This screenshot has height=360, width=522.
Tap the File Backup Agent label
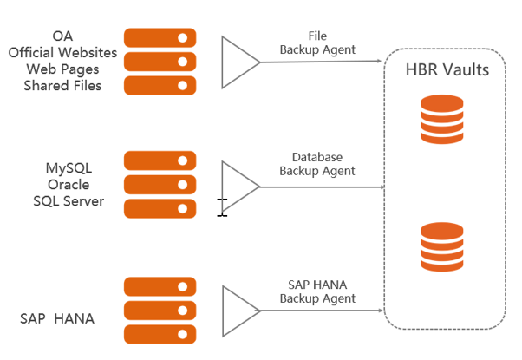coord(316,43)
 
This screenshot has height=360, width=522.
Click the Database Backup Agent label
coord(316,164)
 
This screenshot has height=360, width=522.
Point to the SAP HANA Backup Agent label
coord(316,291)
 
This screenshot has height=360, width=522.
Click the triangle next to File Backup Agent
coord(238,62)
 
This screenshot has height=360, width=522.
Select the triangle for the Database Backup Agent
coord(238,186)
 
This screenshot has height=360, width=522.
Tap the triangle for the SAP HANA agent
coord(238,311)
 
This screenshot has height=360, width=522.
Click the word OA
coord(62,36)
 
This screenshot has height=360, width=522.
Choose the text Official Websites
coord(62,53)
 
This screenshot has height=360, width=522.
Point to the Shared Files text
coord(62,86)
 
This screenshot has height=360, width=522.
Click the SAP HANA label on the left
coord(57,318)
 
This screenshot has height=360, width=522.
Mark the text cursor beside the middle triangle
coord(222,206)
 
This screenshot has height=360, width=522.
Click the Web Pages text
coord(62,69)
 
